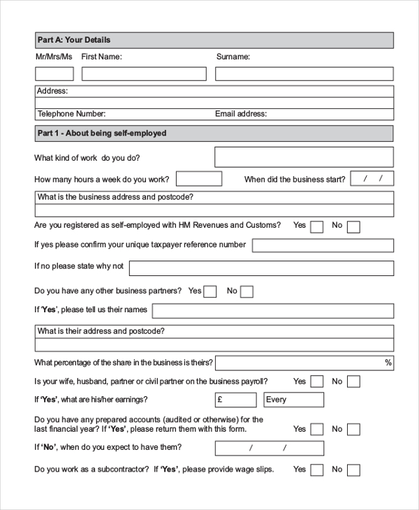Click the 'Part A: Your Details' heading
click(73, 40)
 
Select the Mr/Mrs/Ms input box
click(54, 74)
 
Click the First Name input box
click(144, 74)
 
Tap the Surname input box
click(304, 74)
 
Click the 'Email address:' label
click(241, 114)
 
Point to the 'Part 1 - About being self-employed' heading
click(102, 133)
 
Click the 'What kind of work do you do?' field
click(304, 157)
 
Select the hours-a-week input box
click(199, 179)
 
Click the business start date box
click(372, 179)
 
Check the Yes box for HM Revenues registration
click(317, 226)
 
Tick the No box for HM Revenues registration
click(354, 226)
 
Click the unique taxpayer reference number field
click(323, 245)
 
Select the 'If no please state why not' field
click(261, 268)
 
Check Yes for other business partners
click(210, 292)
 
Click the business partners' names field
click(272, 311)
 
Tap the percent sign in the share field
click(388, 363)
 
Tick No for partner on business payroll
click(354, 381)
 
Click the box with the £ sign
click(236, 400)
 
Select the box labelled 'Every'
click(293, 400)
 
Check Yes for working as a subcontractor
click(317, 470)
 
